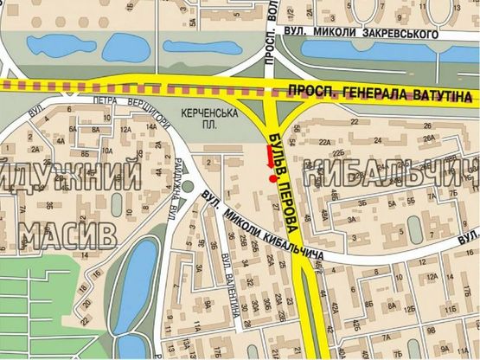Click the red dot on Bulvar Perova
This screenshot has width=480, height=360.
(x=274, y=179)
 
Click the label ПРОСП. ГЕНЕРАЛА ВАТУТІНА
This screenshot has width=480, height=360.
(x=381, y=93)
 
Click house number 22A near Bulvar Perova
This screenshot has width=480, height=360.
(x=324, y=142)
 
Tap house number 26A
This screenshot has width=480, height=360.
(x=430, y=137)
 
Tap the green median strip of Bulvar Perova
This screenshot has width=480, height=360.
(x=307, y=303)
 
